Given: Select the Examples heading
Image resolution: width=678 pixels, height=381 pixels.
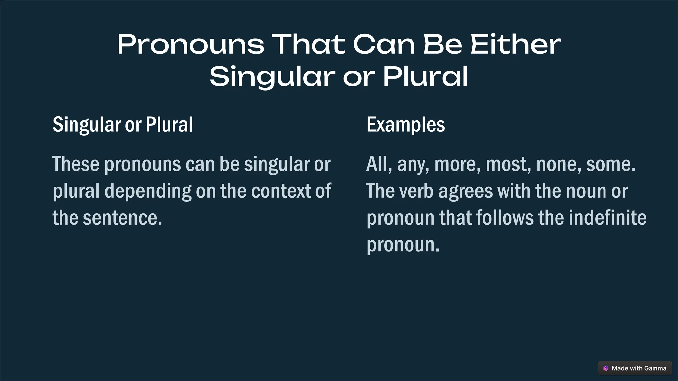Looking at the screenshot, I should click(x=406, y=125).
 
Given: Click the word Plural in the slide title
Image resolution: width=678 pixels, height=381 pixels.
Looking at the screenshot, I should click(x=425, y=77).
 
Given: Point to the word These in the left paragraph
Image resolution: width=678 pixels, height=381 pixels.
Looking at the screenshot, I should click(x=76, y=164).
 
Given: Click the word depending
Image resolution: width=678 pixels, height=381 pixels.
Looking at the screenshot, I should click(x=148, y=191).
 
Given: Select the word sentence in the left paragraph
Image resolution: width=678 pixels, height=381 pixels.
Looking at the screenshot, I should click(x=122, y=218).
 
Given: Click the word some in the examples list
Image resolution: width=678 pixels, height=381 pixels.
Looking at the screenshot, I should click(x=610, y=164).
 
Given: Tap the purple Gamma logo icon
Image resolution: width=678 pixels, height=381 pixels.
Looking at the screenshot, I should click(x=606, y=368).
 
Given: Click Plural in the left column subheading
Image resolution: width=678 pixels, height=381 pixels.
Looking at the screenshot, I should click(x=169, y=125).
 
